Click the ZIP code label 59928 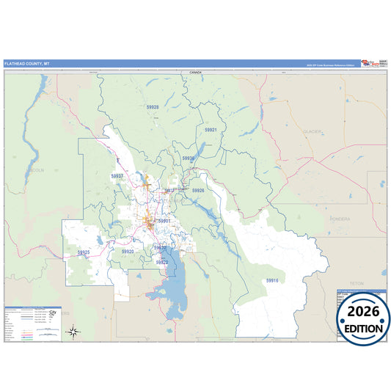click(152, 107)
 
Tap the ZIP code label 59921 click(211, 129)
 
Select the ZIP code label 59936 click(189, 158)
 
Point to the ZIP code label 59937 click(117, 176)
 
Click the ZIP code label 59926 click(198, 190)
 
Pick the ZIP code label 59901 click(164, 221)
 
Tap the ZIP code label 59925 click(84, 252)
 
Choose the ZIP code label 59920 click(128, 252)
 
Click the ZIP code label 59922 click(162, 262)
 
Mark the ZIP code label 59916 click(272, 280)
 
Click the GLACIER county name click(313, 131)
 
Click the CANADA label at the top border click(194, 73)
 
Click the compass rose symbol click(73, 332)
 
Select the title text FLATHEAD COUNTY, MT click(23, 64)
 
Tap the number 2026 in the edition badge click(363, 312)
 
